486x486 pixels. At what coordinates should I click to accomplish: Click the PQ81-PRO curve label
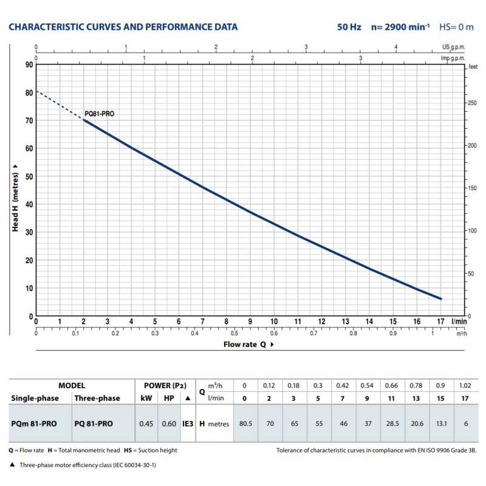99,114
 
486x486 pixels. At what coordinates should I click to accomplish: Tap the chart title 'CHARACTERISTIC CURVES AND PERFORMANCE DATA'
123,27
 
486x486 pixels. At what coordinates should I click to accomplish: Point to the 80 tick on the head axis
29,93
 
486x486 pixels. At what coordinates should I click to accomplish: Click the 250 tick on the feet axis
471,103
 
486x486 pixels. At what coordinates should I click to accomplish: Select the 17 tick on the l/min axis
441,321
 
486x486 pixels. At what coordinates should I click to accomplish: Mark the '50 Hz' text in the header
350,27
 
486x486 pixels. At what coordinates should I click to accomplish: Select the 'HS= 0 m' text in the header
455,27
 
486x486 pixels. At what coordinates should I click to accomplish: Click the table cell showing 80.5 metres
245,423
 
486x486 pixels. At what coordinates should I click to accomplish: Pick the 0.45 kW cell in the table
146,423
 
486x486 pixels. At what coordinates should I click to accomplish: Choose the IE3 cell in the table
188,423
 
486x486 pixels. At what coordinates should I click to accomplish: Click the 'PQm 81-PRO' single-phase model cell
34,423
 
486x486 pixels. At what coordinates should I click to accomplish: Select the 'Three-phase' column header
97,399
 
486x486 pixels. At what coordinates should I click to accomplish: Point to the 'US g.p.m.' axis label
454,47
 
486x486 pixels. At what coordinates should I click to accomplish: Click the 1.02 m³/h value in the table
465,386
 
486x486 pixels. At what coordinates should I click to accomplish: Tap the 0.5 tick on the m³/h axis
234,333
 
